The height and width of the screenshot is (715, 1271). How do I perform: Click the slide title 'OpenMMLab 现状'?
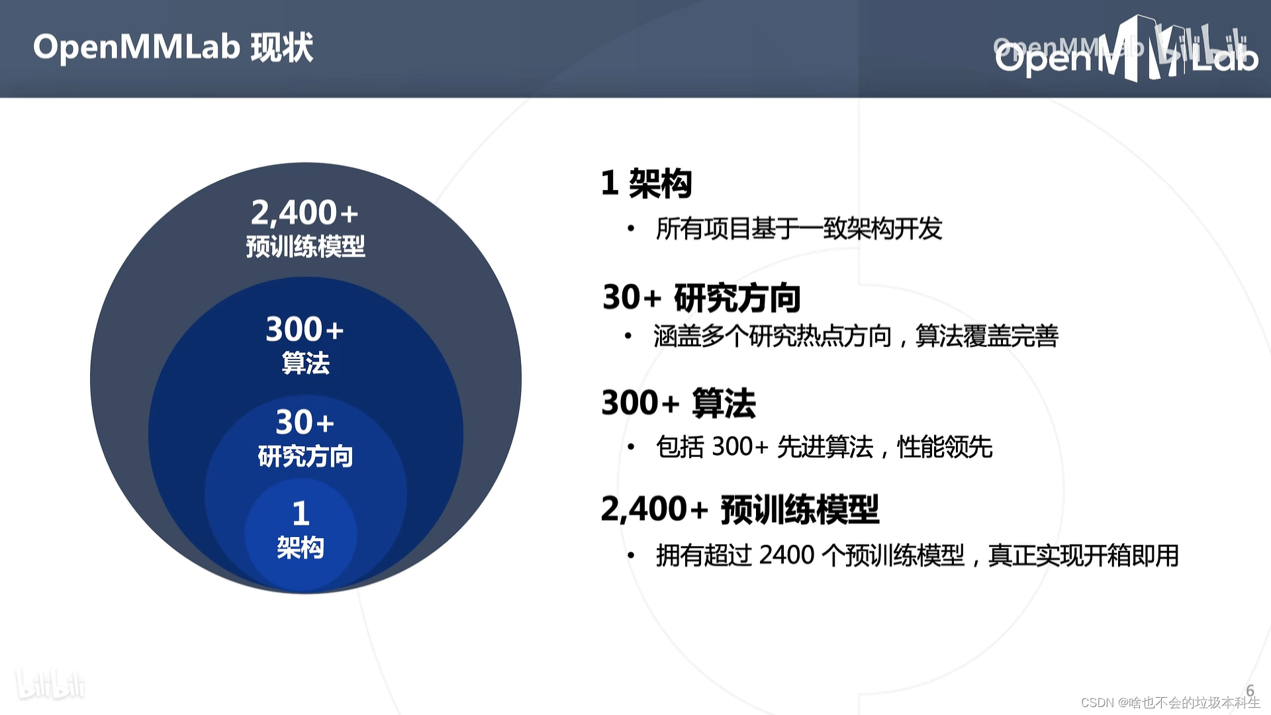173,48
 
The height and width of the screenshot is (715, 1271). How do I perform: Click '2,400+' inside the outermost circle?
305,213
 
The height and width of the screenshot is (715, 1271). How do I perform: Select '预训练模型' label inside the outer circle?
305,247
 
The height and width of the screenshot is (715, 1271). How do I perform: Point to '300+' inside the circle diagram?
305,330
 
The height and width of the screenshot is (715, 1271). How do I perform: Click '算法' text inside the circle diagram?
305,363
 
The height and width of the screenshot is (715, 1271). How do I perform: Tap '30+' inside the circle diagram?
305,422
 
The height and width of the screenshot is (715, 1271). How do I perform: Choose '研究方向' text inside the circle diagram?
305,456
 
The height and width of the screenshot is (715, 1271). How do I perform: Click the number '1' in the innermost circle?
301,513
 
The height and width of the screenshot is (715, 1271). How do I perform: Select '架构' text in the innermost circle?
301,548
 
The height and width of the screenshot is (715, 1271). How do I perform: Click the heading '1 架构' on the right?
646,183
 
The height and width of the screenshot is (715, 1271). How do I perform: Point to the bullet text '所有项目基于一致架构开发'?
798,229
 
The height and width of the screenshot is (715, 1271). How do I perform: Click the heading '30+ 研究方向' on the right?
701,297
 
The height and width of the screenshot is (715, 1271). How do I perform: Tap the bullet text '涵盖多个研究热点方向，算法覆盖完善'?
855,336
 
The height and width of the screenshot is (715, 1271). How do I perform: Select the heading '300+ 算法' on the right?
678,403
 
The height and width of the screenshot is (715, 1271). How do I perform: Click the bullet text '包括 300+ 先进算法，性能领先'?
824,447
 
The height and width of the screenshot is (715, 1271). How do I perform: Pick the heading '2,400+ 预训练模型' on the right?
739,509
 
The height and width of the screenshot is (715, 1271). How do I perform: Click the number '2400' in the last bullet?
786,555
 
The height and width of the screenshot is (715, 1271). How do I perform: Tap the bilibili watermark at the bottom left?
50,685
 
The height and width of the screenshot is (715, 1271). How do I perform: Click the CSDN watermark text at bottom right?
1170,702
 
